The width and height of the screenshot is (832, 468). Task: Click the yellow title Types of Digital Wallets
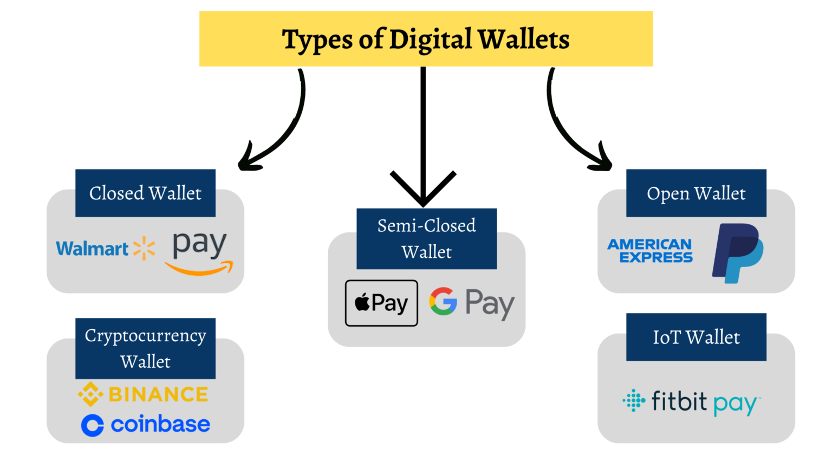pos(426,39)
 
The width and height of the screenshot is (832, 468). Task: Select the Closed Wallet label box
pos(145,193)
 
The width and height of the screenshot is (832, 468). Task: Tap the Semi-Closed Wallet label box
pos(426,239)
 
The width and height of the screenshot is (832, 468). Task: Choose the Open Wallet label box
pos(696,193)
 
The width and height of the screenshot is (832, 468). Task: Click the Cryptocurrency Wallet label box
pos(145,348)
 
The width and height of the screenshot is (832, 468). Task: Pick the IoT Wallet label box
pos(696,337)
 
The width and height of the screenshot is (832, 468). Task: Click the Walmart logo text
pos(92,249)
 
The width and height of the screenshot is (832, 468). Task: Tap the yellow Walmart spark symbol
pos(144,248)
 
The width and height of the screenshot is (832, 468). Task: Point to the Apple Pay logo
pos(381,303)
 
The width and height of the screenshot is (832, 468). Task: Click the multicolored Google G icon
pos(443,301)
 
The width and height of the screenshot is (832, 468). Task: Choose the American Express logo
pos(650,251)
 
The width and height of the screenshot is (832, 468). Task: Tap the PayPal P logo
pos(738,253)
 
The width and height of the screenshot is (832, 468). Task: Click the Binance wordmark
pos(158,394)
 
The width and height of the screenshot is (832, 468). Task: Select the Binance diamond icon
pos(90,394)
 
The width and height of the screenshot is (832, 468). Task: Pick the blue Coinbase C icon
pos(93,425)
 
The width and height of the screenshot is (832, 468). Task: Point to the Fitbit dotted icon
pos(634,400)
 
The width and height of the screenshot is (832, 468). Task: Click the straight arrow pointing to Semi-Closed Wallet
pos(423,135)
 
